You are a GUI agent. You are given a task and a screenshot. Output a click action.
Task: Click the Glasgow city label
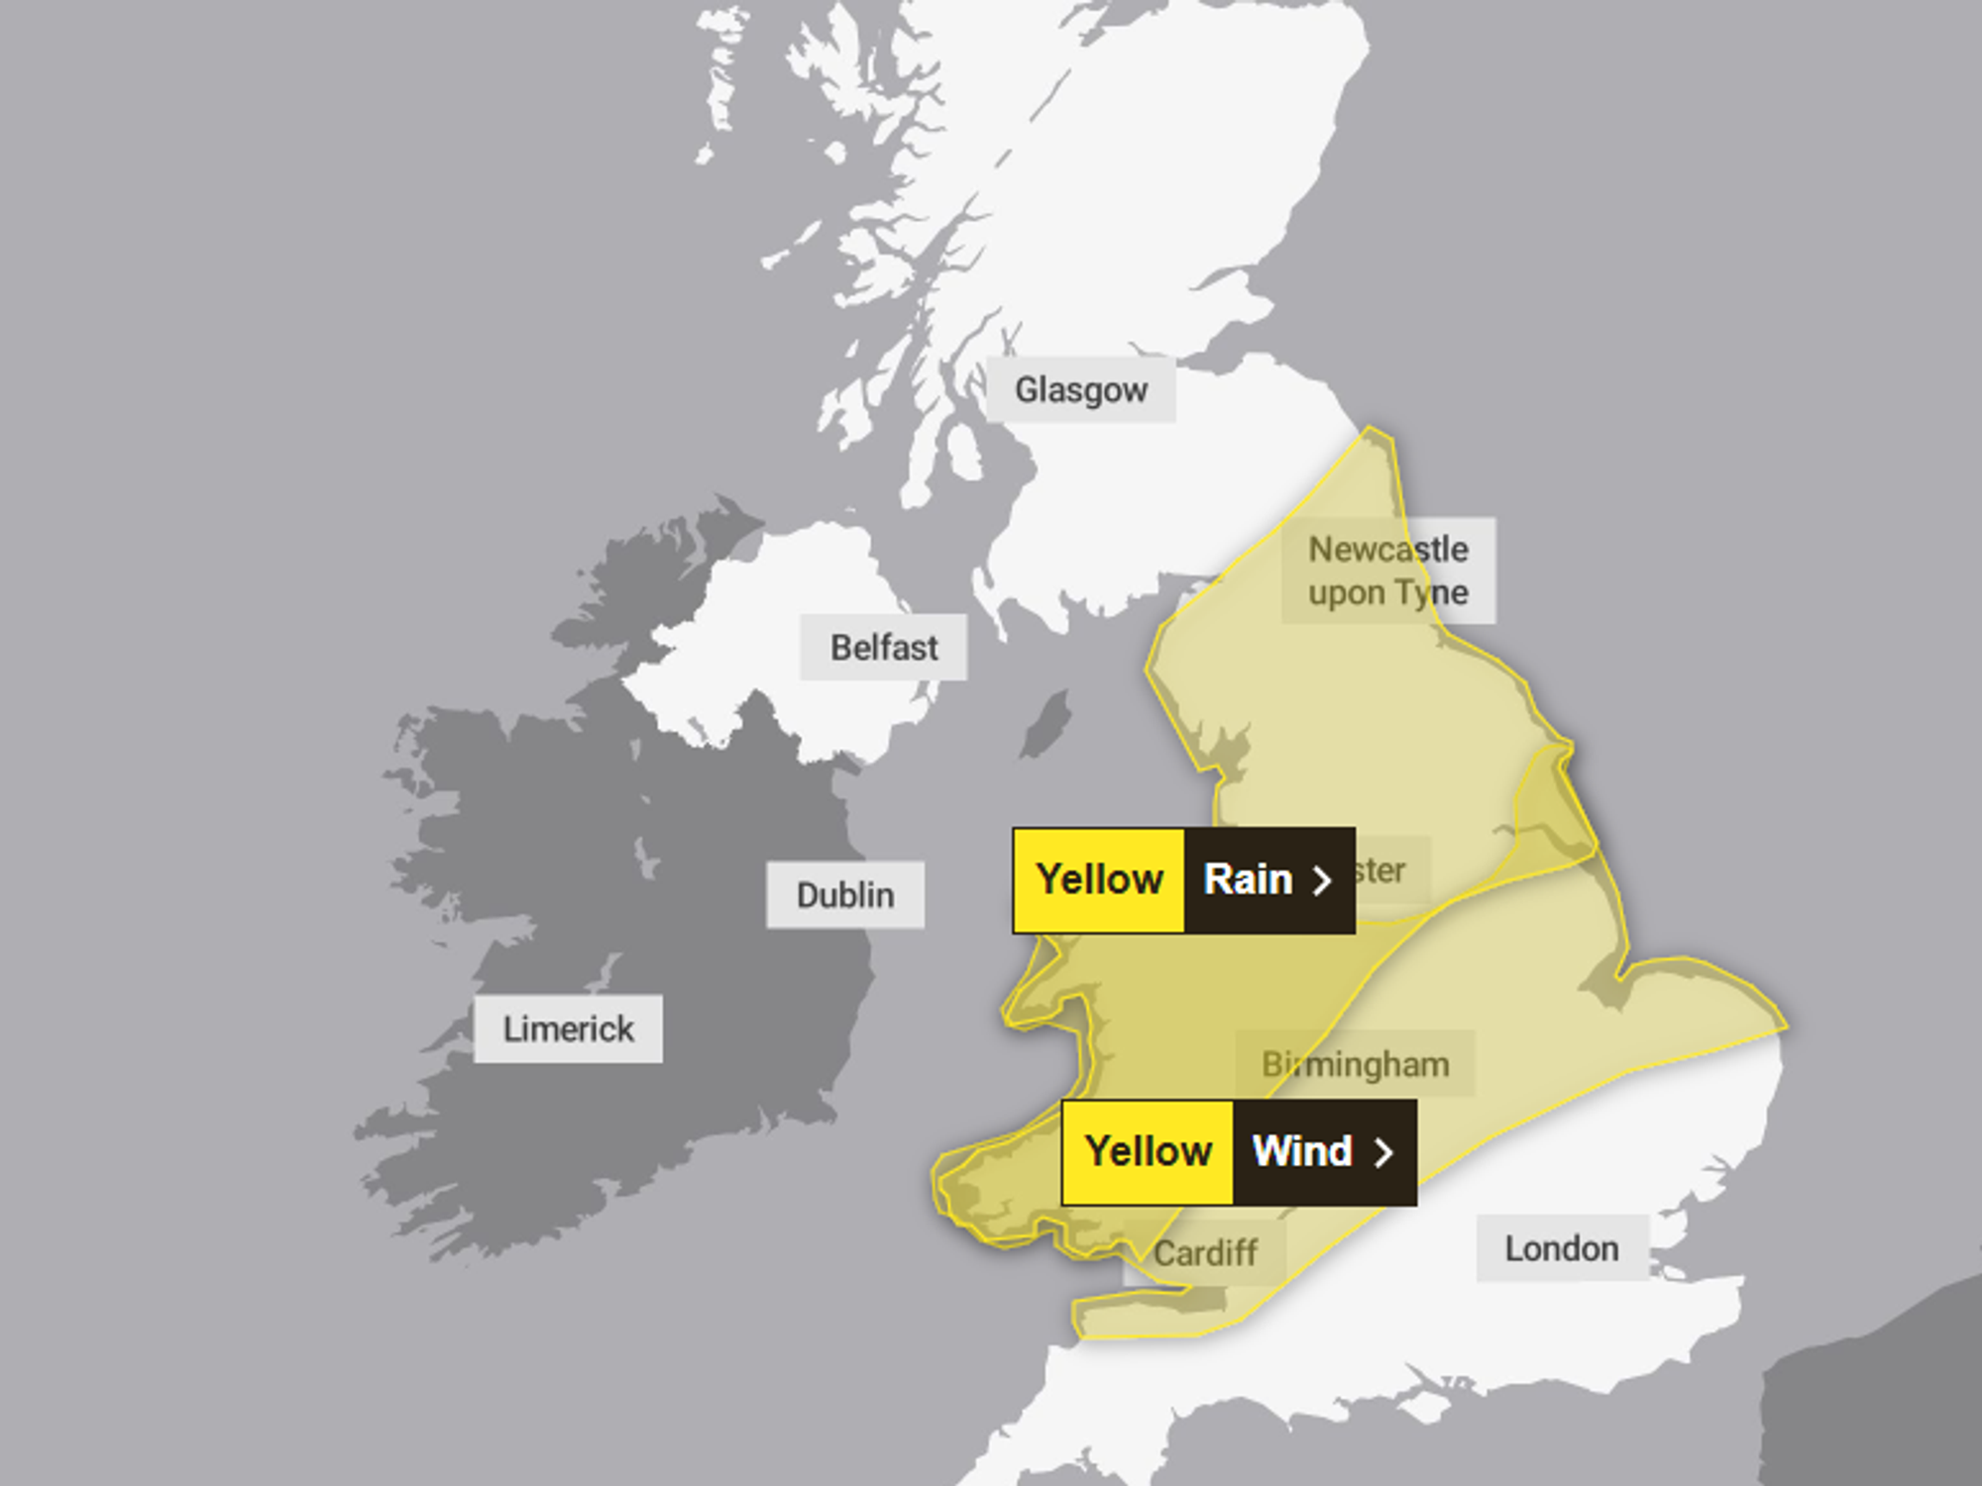tap(1080, 390)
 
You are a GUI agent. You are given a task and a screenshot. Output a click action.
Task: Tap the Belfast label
tap(883, 648)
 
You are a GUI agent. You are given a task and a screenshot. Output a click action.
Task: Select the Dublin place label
tap(844, 896)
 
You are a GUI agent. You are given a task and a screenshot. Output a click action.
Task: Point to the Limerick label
tap(568, 1029)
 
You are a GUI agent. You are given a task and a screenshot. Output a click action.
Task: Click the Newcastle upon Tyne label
tap(1387, 571)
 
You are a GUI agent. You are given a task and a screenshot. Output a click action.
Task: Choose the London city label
tap(1561, 1249)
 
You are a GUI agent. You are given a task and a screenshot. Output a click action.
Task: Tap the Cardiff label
tap(1205, 1253)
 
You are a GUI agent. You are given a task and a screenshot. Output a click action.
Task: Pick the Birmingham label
tap(1355, 1065)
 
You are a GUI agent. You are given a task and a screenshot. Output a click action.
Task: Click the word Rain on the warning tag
tap(1248, 880)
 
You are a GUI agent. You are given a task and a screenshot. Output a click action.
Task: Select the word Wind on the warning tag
tap(1301, 1152)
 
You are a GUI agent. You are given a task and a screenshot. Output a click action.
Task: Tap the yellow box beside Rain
tap(1098, 880)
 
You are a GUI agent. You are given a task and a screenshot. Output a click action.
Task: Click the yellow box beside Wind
tap(1148, 1152)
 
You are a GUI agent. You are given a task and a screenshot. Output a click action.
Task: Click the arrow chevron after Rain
tap(1322, 881)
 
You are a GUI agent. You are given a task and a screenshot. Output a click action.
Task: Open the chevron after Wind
tap(1383, 1152)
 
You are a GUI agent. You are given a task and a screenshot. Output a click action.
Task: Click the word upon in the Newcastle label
tap(1346, 593)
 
